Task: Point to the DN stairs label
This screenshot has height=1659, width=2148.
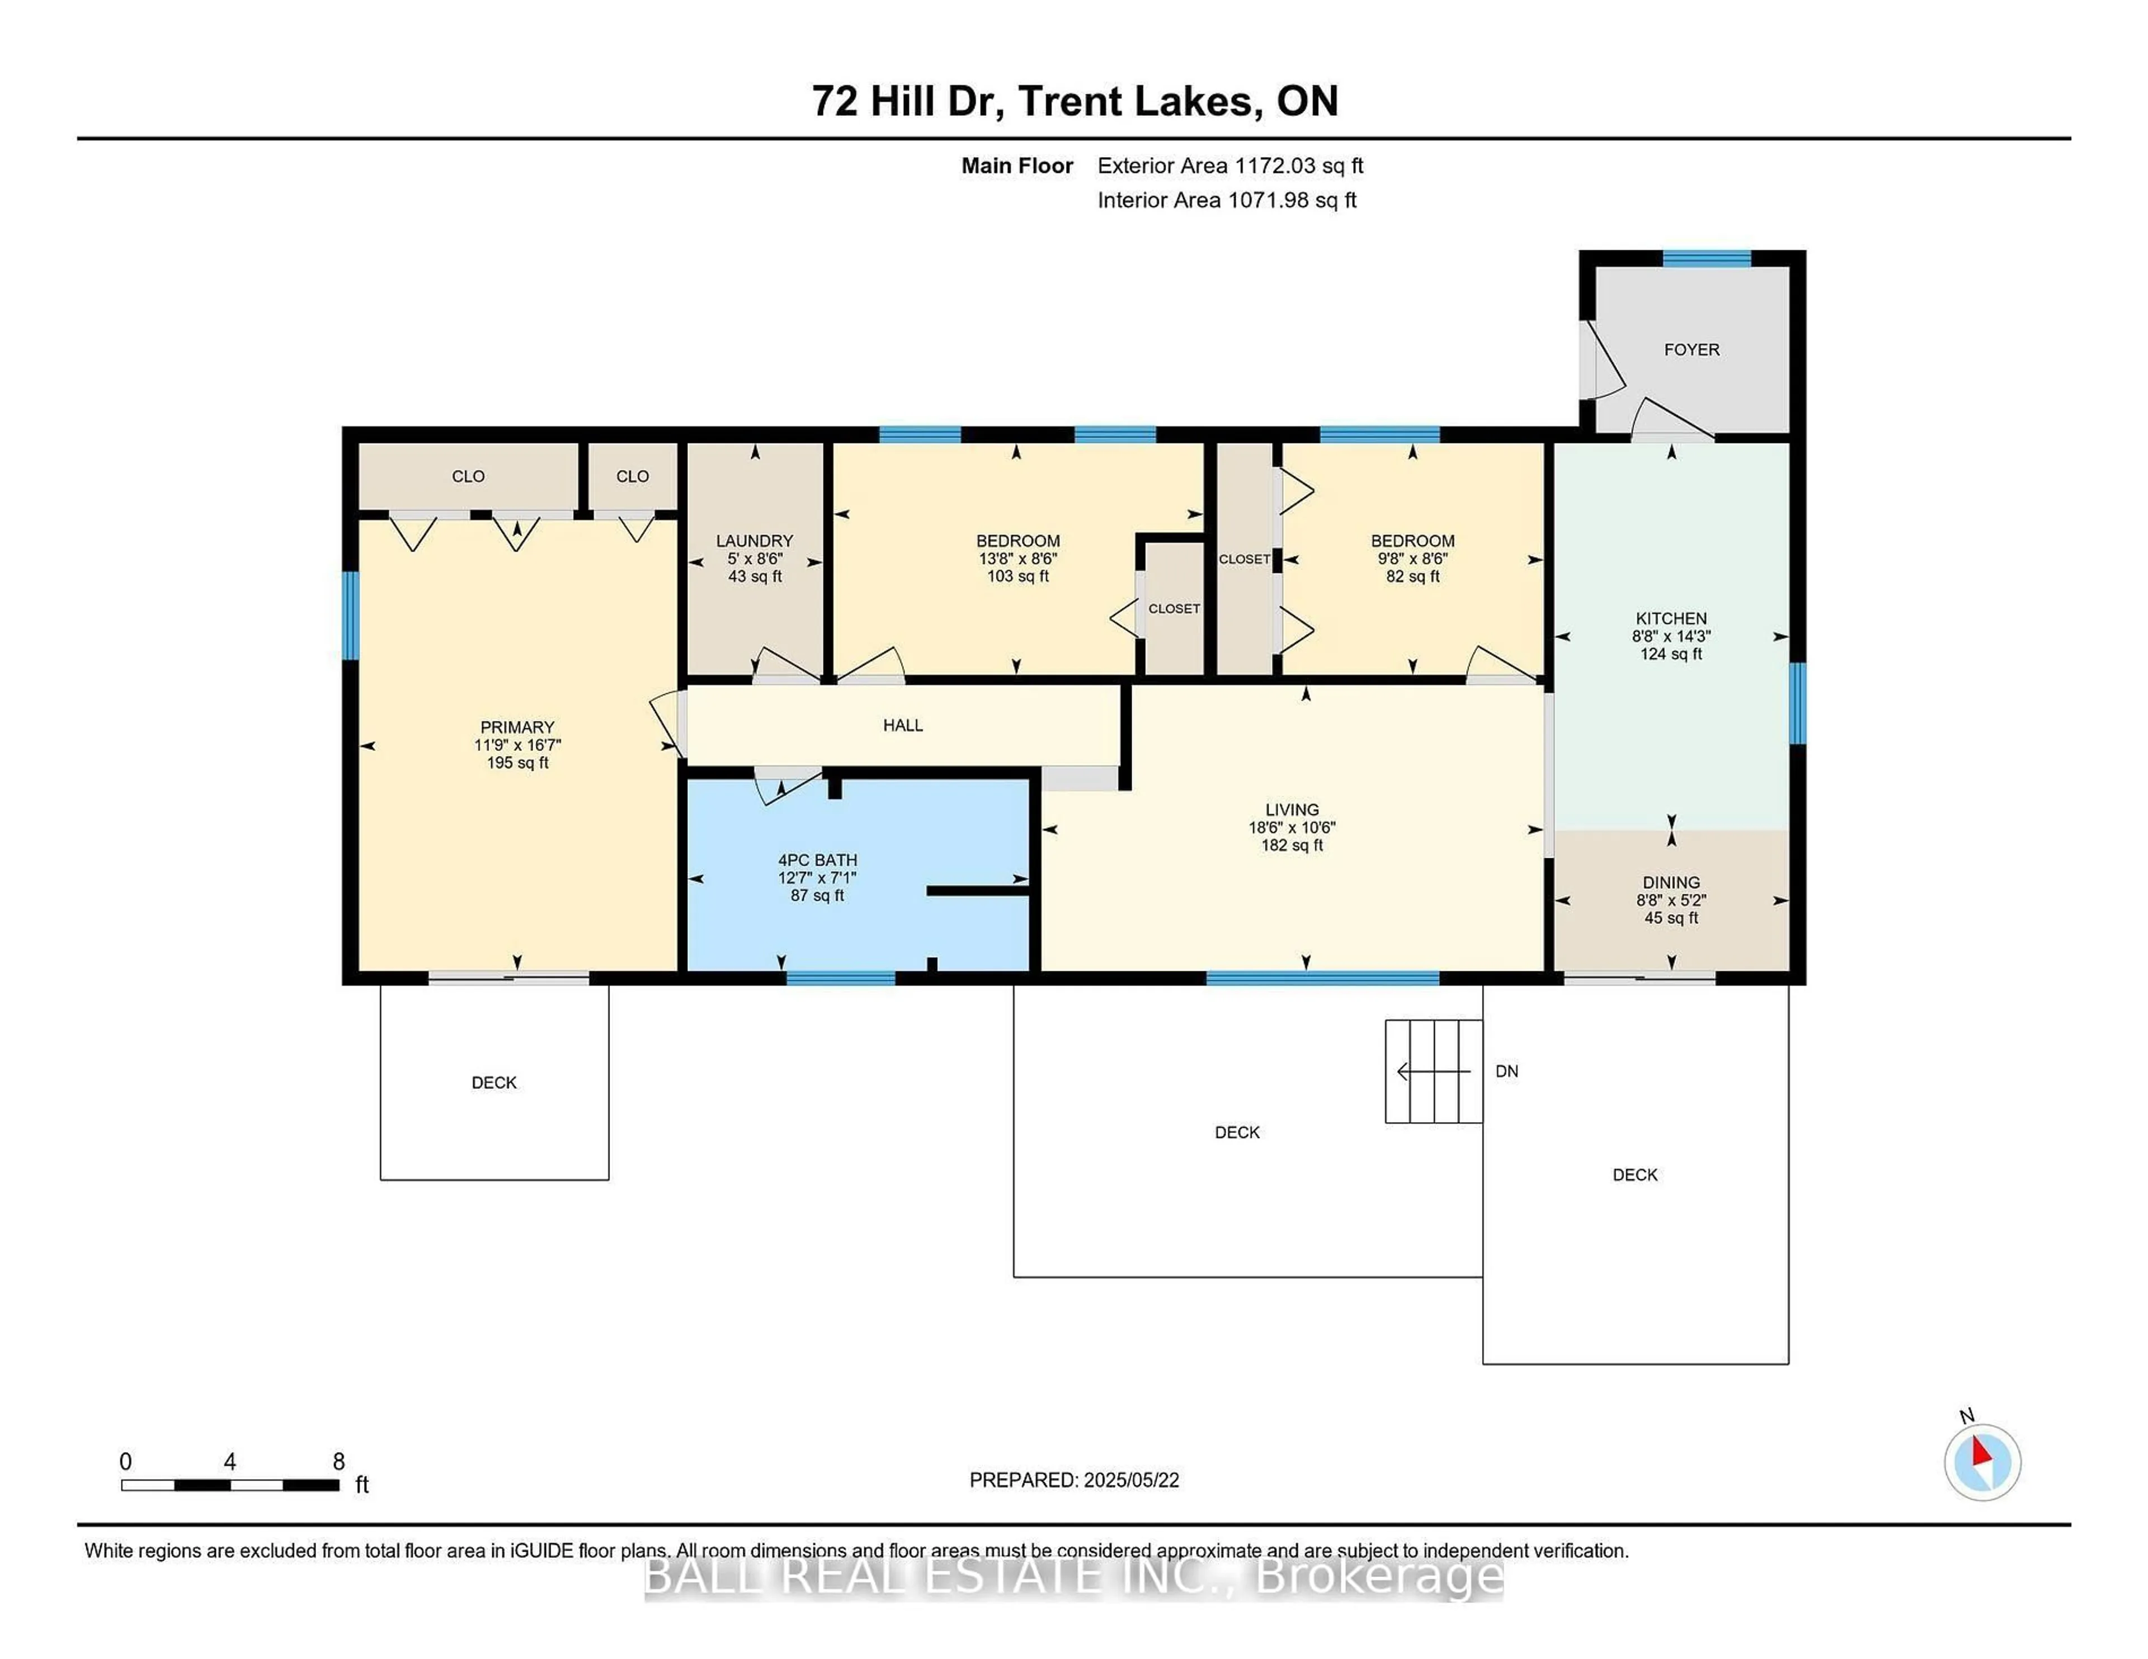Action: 1507,1071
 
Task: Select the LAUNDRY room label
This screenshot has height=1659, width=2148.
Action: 755,541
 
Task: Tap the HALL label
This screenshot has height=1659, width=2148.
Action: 903,726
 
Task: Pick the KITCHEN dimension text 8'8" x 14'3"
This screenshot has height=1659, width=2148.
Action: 1671,636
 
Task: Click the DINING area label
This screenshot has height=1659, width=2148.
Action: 1671,882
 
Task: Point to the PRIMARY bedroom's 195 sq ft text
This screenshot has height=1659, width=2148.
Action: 517,763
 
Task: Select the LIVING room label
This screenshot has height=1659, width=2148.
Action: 1292,810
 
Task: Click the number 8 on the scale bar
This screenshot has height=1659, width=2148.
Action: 340,1461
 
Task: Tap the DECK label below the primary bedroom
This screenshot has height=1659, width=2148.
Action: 494,1083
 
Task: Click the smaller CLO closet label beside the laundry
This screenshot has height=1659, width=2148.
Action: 633,476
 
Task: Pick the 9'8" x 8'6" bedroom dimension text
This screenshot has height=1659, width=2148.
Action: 1412,559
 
